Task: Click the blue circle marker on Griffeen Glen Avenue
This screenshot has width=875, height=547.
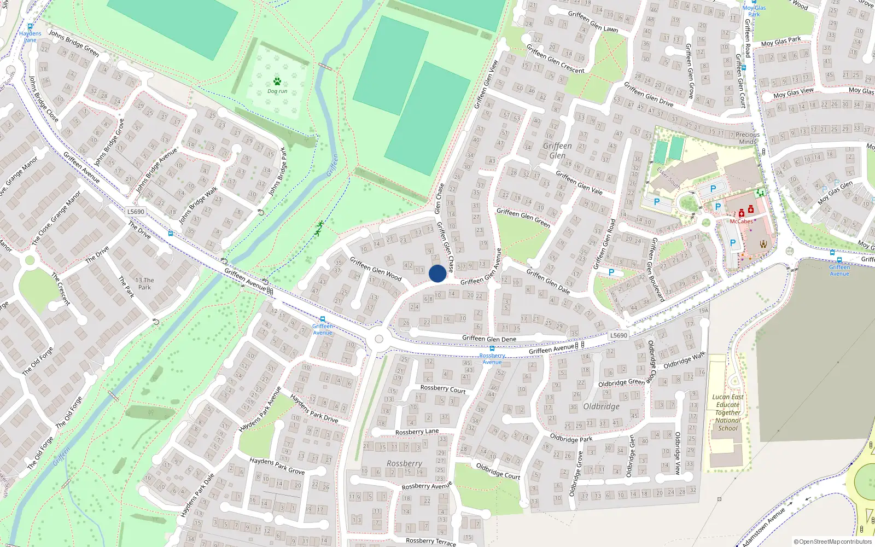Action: click(x=437, y=273)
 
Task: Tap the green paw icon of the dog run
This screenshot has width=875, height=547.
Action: click(x=277, y=82)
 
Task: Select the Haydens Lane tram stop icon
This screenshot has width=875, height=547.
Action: click(x=30, y=26)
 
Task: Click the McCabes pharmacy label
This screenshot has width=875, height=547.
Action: click(x=741, y=222)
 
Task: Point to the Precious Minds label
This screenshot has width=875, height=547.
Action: click(x=748, y=138)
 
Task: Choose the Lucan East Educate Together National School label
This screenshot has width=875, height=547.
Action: click(x=728, y=412)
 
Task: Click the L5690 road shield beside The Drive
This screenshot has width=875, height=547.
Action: click(x=136, y=212)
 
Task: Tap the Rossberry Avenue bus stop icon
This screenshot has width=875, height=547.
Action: click(x=492, y=348)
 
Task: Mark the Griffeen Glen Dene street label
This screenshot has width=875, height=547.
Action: click(x=489, y=339)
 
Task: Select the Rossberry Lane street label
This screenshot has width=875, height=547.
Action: click(x=417, y=432)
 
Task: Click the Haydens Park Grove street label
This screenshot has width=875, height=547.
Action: click(x=277, y=465)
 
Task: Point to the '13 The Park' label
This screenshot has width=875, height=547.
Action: click(x=144, y=283)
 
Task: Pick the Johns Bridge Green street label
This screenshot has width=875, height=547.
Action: click(x=74, y=43)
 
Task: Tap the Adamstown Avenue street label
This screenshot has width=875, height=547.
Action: click(x=763, y=527)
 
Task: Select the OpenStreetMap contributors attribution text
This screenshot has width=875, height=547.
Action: click(x=832, y=542)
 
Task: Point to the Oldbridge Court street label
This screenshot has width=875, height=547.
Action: click(x=498, y=471)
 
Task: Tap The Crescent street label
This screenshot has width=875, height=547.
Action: click(x=61, y=288)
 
